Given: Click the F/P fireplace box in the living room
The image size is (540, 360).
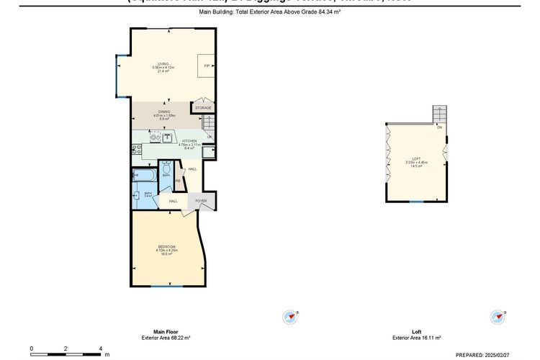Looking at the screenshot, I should [207, 66].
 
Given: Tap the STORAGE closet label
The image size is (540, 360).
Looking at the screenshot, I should [203, 108].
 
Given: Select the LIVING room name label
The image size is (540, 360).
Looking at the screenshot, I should [163, 64].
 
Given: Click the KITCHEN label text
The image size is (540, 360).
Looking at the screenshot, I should [189, 141].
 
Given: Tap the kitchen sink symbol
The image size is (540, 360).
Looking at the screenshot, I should [167, 136].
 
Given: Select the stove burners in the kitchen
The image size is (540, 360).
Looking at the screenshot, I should [136, 150].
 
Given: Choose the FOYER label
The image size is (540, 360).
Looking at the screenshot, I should [201, 201].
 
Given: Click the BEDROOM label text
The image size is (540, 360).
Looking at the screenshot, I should [167, 247].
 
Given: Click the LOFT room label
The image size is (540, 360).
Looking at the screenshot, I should [416, 158].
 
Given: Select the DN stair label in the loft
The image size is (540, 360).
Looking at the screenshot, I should [438, 127].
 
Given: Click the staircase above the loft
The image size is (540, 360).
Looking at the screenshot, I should [440, 114].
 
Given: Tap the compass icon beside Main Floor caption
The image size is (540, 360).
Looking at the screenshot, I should [292, 317].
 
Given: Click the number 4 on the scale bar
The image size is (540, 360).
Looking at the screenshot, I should [100, 348].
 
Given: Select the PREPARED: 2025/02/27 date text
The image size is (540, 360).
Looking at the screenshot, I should [487, 354].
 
